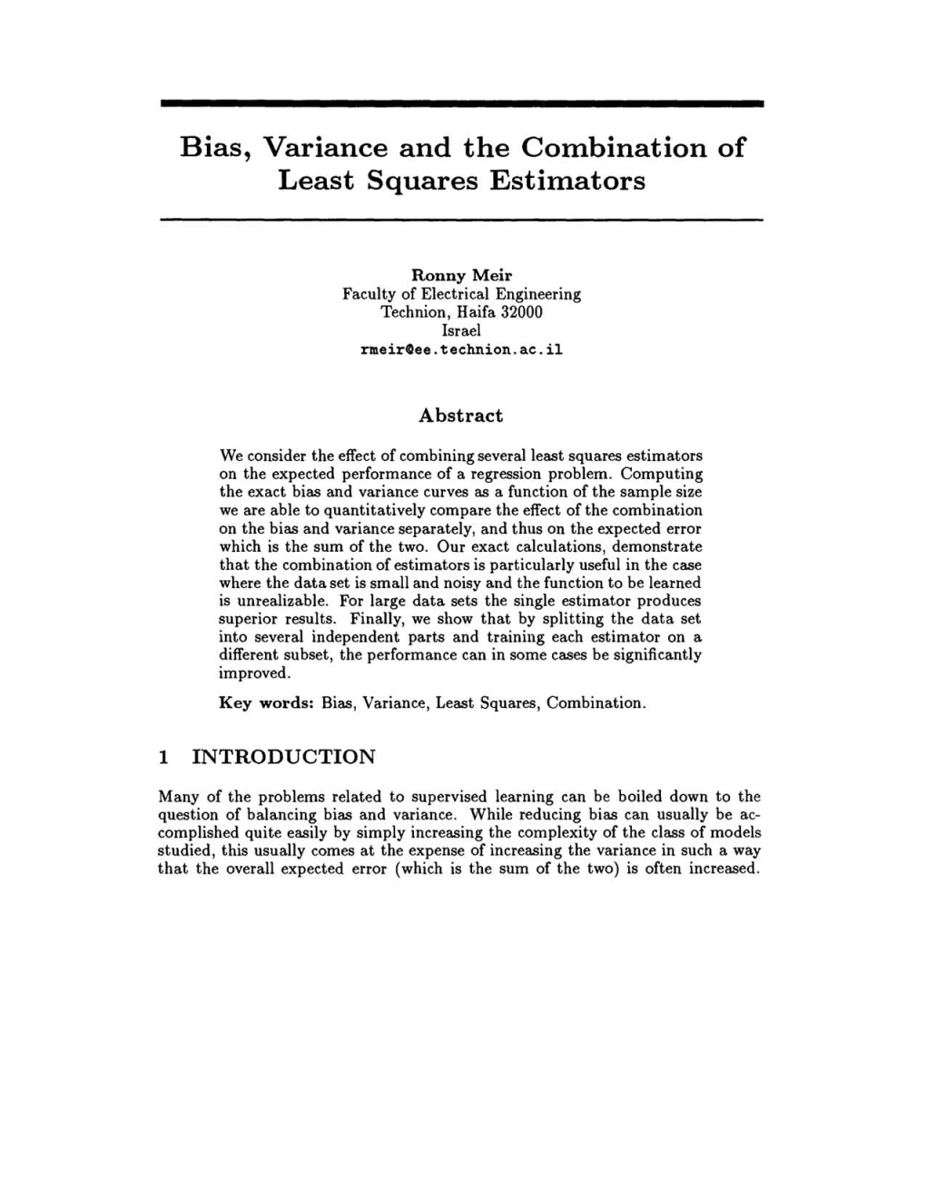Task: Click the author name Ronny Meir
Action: point(461,275)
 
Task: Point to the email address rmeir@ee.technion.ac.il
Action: point(461,349)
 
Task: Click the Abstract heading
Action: point(460,416)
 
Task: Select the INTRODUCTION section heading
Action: point(284,757)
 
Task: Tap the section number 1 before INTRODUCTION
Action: point(163,757)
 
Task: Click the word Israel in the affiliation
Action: point(461,330)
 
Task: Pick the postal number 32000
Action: point(522,312)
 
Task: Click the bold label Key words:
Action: point(266,703)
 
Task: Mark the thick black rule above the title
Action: point(461,104)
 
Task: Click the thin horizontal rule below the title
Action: point(461,220)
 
